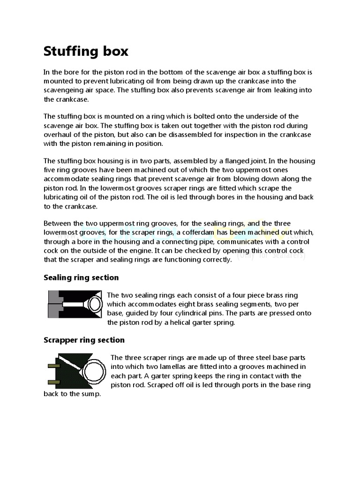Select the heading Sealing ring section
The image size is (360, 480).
point(81,277)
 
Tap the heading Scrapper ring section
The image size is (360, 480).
point(84,340)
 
